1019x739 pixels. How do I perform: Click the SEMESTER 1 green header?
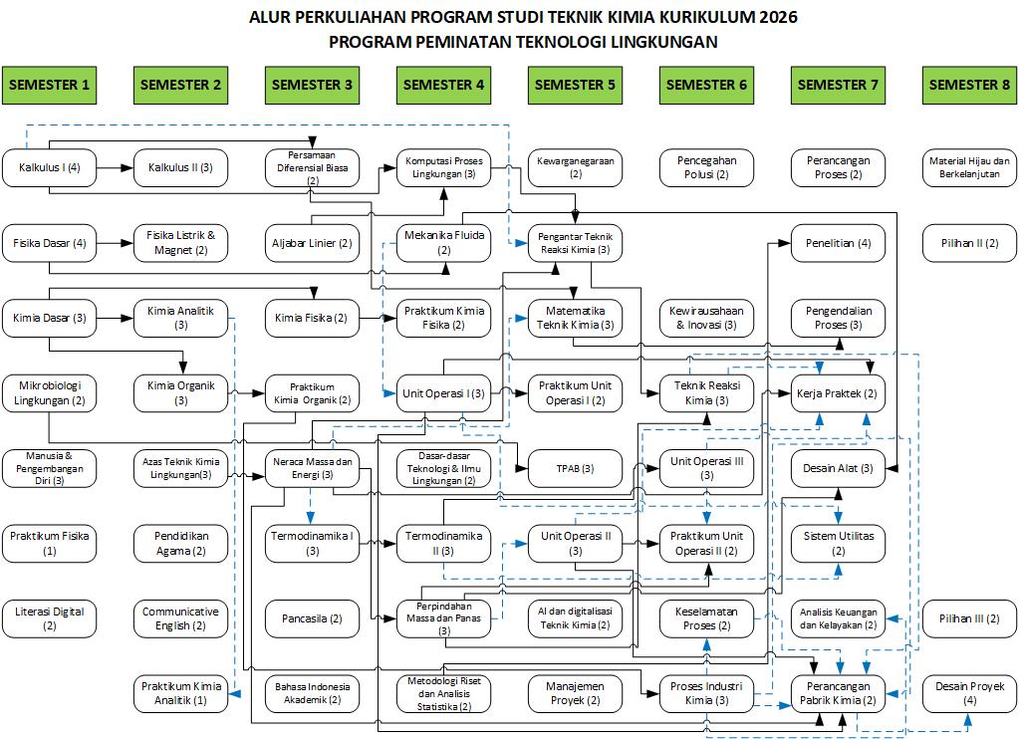(50, 85)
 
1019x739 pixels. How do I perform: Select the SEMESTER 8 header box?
(969, 85)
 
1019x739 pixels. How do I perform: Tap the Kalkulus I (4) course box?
(50, 167)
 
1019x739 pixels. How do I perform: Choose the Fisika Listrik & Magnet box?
(180, 243)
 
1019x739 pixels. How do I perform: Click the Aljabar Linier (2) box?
(312, 243)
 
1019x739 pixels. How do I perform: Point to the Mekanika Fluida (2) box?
(444, 243)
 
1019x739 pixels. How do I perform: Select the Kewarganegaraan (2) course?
(575, 167)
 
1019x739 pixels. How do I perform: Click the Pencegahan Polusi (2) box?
(706, 167)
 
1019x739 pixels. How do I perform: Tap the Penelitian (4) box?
(839, 243)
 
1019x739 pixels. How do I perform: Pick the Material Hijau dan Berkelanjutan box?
(969, 167)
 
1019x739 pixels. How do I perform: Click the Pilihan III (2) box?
(969, 618)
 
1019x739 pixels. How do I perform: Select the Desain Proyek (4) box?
(969, 693)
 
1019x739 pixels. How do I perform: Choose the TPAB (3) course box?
(575, 469)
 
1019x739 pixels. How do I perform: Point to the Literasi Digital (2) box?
(50, 618)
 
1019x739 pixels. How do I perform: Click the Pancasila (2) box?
(312, 618)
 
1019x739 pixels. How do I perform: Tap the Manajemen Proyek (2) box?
(575, 693)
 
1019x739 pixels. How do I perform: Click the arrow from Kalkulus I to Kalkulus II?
(115, 167)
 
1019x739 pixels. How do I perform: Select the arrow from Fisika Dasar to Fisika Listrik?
(115, 243)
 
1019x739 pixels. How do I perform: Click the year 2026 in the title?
(778, 17)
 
